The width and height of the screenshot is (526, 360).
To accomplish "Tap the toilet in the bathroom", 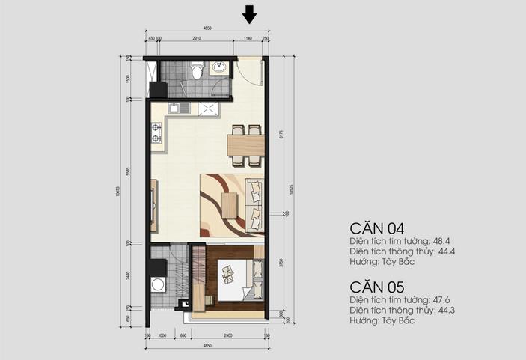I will (196, 71).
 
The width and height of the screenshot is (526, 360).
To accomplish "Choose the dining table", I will (245, 142).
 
